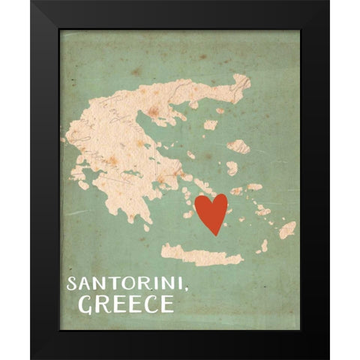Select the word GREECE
[126, 304]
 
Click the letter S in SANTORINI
[71, 284]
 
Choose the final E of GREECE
[166, 304]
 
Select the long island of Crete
[201, 254]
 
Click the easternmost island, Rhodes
[287, 229]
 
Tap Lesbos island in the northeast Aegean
[238, 145]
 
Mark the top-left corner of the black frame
[31, 1]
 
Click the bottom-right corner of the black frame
[328, 358]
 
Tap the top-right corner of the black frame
[328, 1]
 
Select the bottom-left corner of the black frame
[31, 358]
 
